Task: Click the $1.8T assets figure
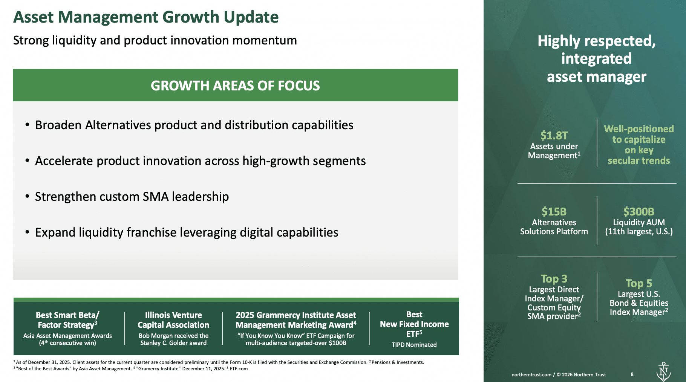click(554, 135)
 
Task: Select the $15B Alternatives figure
click(554, 211)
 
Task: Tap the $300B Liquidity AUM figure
click(639, 211)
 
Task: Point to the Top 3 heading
click(554, 279)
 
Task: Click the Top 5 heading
click(639, 283)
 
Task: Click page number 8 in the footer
click(632, 374)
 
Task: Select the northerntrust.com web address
click(531, 375)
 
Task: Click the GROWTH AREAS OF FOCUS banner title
click(235, 86)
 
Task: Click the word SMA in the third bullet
click(155, 197)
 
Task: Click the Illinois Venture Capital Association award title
click(173, 320)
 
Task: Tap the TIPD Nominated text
click(414, 345)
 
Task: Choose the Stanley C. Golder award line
click(173, 343)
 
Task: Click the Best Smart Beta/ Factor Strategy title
click(67, 320)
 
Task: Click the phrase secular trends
click(639, 160)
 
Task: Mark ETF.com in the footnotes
click(239, 369)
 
